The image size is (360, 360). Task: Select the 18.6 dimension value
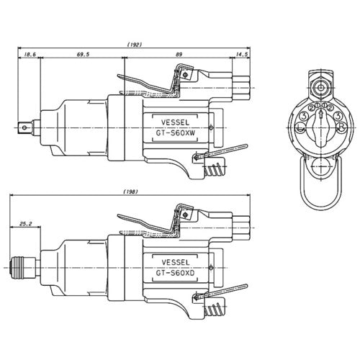(30, 55)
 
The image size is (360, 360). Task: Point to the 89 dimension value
(179, 55)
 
